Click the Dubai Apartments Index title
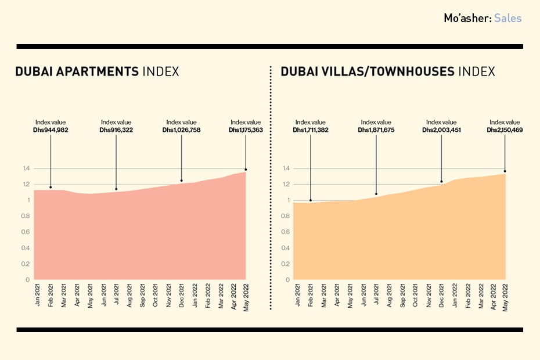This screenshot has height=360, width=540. [x=97, y=72]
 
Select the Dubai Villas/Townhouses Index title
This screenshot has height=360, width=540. [x=388, y=72]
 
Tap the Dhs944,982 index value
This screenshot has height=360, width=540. [x=51, y=131]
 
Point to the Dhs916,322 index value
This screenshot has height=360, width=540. [x=116, y=131]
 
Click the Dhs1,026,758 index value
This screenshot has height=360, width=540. [x=181, y=131]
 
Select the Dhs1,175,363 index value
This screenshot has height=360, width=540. [x=246, y=131]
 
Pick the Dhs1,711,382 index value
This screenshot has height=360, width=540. [x=310, y=131]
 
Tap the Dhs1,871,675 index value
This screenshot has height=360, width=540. [x=376, y=131]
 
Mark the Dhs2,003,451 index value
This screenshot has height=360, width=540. [x=441, y=131]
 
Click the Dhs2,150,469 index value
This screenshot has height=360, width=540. [x=505, y=131]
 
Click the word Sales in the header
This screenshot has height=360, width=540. [x=508, y=18]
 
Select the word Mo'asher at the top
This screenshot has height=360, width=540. [x=467, y=18]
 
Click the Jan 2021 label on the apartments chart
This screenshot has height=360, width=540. [x=38, y=294]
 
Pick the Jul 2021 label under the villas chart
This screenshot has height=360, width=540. [x=376, y=294]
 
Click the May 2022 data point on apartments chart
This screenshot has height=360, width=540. [x=246, y=170]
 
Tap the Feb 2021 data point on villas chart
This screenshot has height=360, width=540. [x=311, y=200]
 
